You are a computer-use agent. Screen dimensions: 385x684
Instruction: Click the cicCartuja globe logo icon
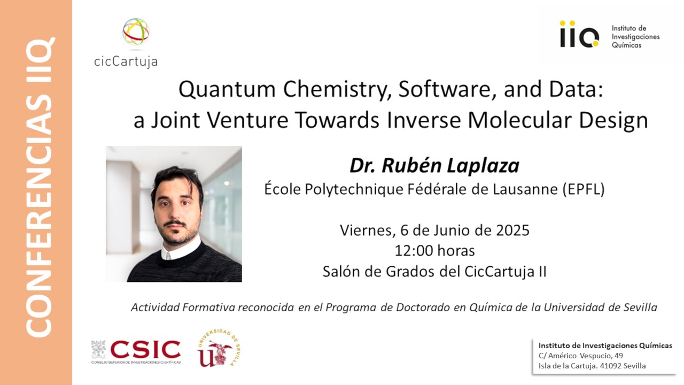coord(136,32)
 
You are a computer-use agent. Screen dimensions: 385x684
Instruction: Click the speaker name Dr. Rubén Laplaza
coord(434,166)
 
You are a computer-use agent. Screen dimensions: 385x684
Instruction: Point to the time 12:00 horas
coord(434,250)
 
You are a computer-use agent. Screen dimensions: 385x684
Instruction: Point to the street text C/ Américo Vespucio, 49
coord(580,356)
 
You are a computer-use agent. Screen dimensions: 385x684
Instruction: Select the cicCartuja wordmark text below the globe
coord(126,61)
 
